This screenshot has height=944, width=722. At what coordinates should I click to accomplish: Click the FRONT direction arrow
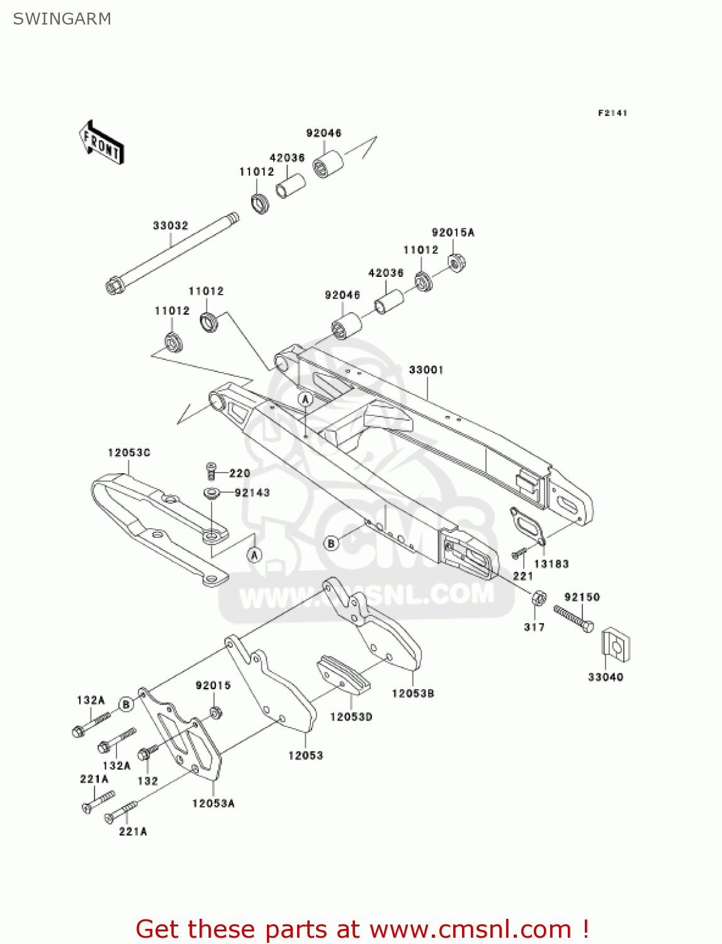pyautogui.click(x=101, y=143)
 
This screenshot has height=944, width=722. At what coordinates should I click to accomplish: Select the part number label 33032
pyautogui.click(x=170, y=225)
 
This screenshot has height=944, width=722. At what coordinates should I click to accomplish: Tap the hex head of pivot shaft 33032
pyautogui.click(x=113, y=287)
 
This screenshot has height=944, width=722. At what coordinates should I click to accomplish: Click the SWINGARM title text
pyautogui.click(x=62, y=19)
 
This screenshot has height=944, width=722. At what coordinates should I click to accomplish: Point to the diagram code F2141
pyautogui.click(x=612, y=113)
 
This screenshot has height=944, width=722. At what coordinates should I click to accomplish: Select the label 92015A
pyautogui.click(x=453, y=232)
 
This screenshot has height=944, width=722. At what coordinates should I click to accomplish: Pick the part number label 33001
pyautogui.click(x=426, y=369)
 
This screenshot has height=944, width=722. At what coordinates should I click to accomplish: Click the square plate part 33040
pyautogui.click(x=616, y=645)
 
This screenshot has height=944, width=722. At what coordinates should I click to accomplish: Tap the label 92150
pyautogui.click(x=582, y=597)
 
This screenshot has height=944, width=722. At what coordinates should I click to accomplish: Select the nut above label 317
pyautogui.click(x=539, y=598)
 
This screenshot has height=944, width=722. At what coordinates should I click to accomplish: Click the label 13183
pyautogui.click(x=551, y=564)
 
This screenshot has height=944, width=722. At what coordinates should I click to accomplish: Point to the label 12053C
pyautogui.click(x=129, y=452)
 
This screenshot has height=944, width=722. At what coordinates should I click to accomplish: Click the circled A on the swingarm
pyautogui.click(x=305, y=399)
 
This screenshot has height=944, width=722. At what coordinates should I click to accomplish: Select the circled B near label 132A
pyautogui.click(x=126, y=704)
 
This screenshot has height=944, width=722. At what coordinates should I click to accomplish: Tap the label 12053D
pyautogui.click(x=351, y=716)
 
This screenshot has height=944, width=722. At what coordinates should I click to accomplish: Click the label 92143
pyautogui.click(x=252, y=493)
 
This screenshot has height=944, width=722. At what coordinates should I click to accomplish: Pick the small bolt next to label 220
pyautogui.click(x=212, y=470)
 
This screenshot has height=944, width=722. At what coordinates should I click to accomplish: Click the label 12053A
pyautogui.click(x=213, y=803)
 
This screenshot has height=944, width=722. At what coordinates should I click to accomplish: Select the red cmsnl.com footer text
pyautogui.click(x=362, y=929)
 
